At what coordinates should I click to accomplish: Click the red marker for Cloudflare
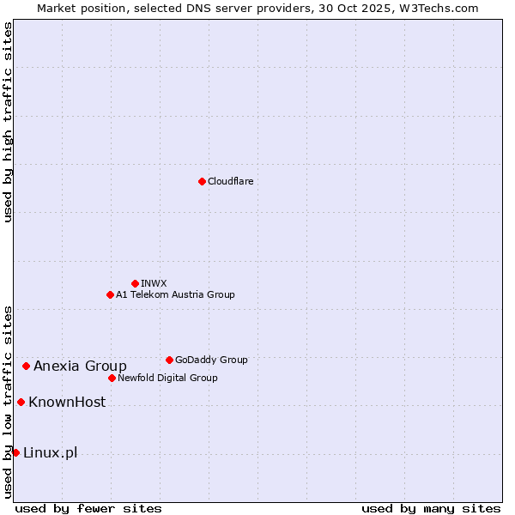202,181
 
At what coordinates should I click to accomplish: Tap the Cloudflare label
231,181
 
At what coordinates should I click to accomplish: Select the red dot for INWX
135,283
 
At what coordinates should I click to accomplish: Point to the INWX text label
154,283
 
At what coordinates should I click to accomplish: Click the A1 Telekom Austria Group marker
110,294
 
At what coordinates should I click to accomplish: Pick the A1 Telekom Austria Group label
175,294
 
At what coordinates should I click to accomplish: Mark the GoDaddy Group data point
169,360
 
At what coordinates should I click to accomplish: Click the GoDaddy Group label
211,360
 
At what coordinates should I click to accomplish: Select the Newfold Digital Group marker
112,378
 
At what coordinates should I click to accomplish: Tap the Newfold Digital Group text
167,378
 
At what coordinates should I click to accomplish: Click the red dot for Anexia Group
26,366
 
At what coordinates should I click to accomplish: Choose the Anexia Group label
80,367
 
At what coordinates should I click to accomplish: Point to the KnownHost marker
21,402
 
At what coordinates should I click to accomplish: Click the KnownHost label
67,402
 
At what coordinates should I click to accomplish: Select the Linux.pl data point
15,452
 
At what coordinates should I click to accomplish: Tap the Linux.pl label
50,452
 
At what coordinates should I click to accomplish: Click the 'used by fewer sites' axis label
88,508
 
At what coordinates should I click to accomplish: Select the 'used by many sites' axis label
431,508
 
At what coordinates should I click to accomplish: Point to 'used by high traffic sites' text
8,122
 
